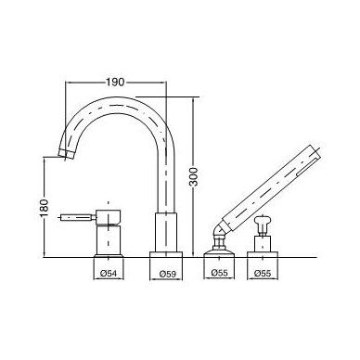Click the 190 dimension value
pyautogui.click(x=115, y=83)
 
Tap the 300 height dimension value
pyautogui.click(x=194, y=176)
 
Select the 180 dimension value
pyautogui.click(x=45, y=208)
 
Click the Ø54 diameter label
pyautogui.click(x=109, y=274)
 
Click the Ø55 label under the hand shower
pyautogui.click(x=219, y=273)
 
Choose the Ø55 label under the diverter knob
pyautogui.click(x=263, y=273)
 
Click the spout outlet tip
pyautogui.click(x=66, y=154)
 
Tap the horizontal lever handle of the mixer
pyautogui.click(x=78, y=218)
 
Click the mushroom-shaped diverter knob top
pyautogui.click(x=263, y=222)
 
